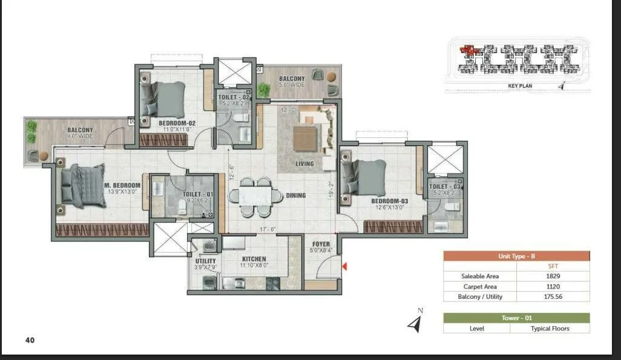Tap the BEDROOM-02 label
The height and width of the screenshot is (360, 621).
(177, 122)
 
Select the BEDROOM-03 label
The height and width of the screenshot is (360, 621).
(389, 200)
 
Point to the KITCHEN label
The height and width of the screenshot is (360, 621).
(254, 259)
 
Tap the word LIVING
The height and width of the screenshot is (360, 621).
(305, 163)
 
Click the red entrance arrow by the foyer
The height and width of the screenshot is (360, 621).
(344, 265)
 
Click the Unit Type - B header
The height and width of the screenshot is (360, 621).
(516, 256)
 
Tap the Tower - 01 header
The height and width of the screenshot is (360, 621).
(516, 318)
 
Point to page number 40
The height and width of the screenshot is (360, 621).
(30, 340)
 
